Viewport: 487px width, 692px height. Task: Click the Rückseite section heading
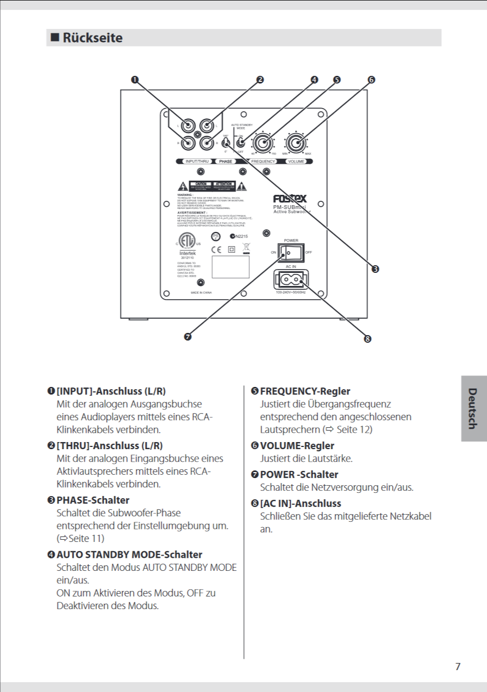coord(93,38)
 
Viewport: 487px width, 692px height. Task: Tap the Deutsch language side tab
coord(472,408)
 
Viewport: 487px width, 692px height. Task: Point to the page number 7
coord(458,666)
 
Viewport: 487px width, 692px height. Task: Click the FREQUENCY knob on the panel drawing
coord(262,144)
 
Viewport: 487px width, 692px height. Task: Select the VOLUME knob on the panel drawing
coord(296,144)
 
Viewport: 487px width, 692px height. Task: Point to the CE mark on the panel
coord(216,249)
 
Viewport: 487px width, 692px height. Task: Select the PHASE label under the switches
coord(226,162)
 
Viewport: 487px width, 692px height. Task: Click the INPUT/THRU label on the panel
coord(197,162)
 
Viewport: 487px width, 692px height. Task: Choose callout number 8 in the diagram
coord(367,338)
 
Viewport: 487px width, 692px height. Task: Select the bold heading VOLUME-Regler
coord(297,446)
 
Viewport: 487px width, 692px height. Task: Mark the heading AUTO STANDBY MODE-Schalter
coord(129,554)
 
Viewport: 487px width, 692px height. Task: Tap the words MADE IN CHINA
coord(201,293)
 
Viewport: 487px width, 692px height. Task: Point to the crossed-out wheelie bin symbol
coord(245,248)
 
